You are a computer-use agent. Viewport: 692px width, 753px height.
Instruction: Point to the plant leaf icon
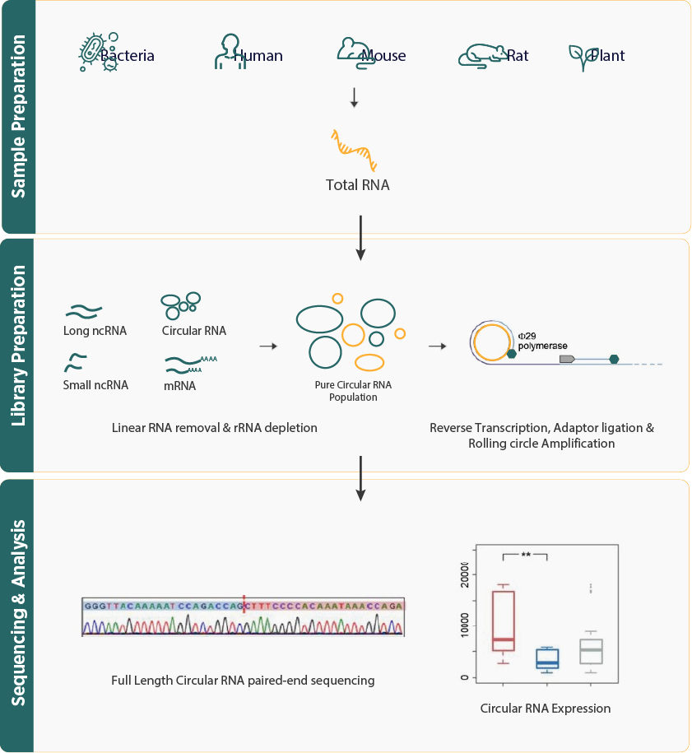pos(578,57)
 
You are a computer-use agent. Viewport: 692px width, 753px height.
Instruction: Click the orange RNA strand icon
pos(354,149)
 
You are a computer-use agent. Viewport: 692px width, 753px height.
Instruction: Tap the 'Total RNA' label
pos(357,185)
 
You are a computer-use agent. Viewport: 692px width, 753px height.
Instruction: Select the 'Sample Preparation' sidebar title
pos(18,116)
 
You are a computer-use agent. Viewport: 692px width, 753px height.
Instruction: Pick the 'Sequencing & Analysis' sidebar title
pos(18,613)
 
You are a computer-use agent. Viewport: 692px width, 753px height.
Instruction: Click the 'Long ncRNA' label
pos(95,331)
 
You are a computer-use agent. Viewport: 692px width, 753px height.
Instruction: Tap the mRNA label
pos(180,384)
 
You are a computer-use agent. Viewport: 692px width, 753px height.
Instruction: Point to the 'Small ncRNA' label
pos(95,384)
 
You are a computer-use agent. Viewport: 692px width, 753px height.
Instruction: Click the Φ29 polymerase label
pos(542,341)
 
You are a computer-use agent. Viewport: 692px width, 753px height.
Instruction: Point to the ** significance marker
pos(526,555)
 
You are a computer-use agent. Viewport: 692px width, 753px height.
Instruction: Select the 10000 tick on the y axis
pos(465,629)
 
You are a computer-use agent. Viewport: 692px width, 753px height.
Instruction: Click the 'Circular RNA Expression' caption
pos(546,708)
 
